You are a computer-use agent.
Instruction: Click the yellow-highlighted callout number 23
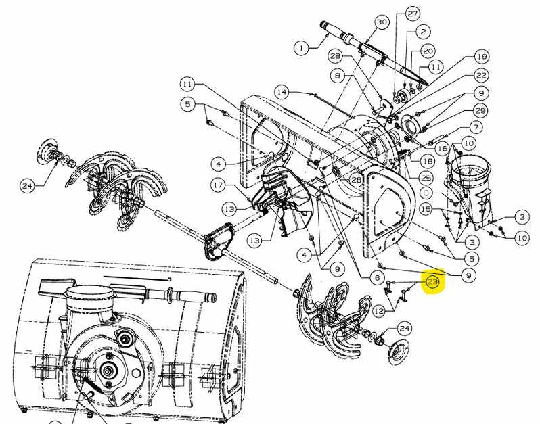coord(432,282)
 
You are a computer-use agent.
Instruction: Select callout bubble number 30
coord(382,22)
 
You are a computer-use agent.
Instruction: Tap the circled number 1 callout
coord(302,47)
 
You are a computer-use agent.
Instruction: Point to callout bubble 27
coord(412,14)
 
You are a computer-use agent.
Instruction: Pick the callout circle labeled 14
coord(282,92)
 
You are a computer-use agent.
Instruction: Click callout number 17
coord(218,185)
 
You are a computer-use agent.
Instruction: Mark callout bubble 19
coord(481,56)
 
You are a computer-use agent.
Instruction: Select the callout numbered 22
coord(480,75)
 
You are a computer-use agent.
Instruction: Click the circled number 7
coord(476,128)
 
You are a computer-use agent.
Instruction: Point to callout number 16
coord(443,149)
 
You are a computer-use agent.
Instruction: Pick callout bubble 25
coord(426,178)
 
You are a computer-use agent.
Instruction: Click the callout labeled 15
coord(426,209)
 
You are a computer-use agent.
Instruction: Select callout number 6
coord(377,277)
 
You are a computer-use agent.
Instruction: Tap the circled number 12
coord(379,312)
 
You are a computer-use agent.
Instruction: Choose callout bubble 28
coord(335,56)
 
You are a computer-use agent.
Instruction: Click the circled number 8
coord(338,76)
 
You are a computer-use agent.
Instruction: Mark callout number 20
coord(428,51)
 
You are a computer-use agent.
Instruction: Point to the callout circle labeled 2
coord(423,32)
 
